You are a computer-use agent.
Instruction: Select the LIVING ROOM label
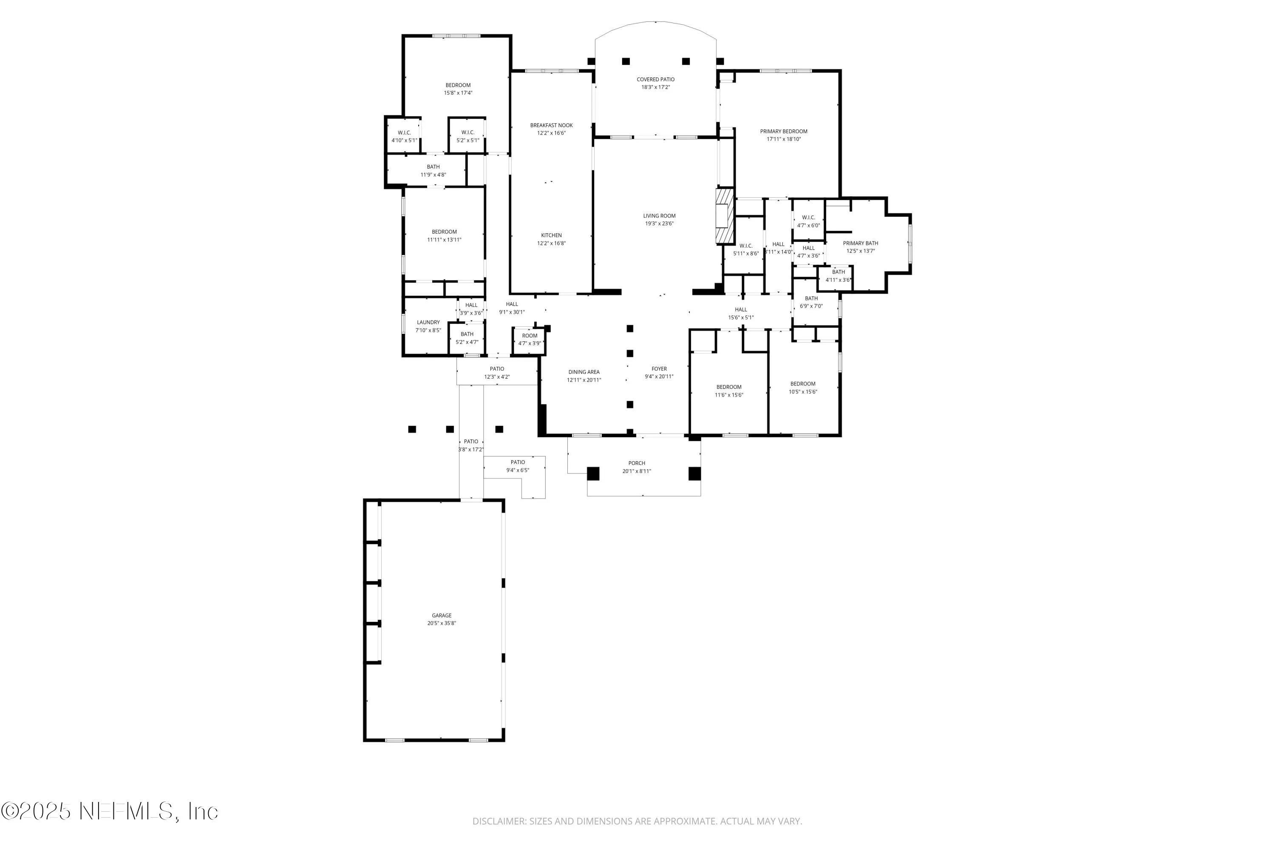click(659, 216)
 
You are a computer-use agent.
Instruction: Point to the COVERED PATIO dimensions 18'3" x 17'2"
click(655, 87)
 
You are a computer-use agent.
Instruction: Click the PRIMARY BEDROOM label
click(783, 131)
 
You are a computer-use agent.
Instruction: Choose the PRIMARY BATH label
click(860, 244)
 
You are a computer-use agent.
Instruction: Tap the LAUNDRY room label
click(428, 323)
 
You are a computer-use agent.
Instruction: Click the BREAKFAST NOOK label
click(551, 125)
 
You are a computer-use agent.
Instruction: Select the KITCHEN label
click(551, 235)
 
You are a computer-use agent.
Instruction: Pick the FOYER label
click(659, 368)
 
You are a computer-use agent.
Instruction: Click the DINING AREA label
click(584, 372)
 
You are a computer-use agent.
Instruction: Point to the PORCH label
click(636, 463)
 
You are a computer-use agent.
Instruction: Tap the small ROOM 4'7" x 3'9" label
click(530, 336)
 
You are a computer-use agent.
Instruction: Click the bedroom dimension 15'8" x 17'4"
click(458, 93)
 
